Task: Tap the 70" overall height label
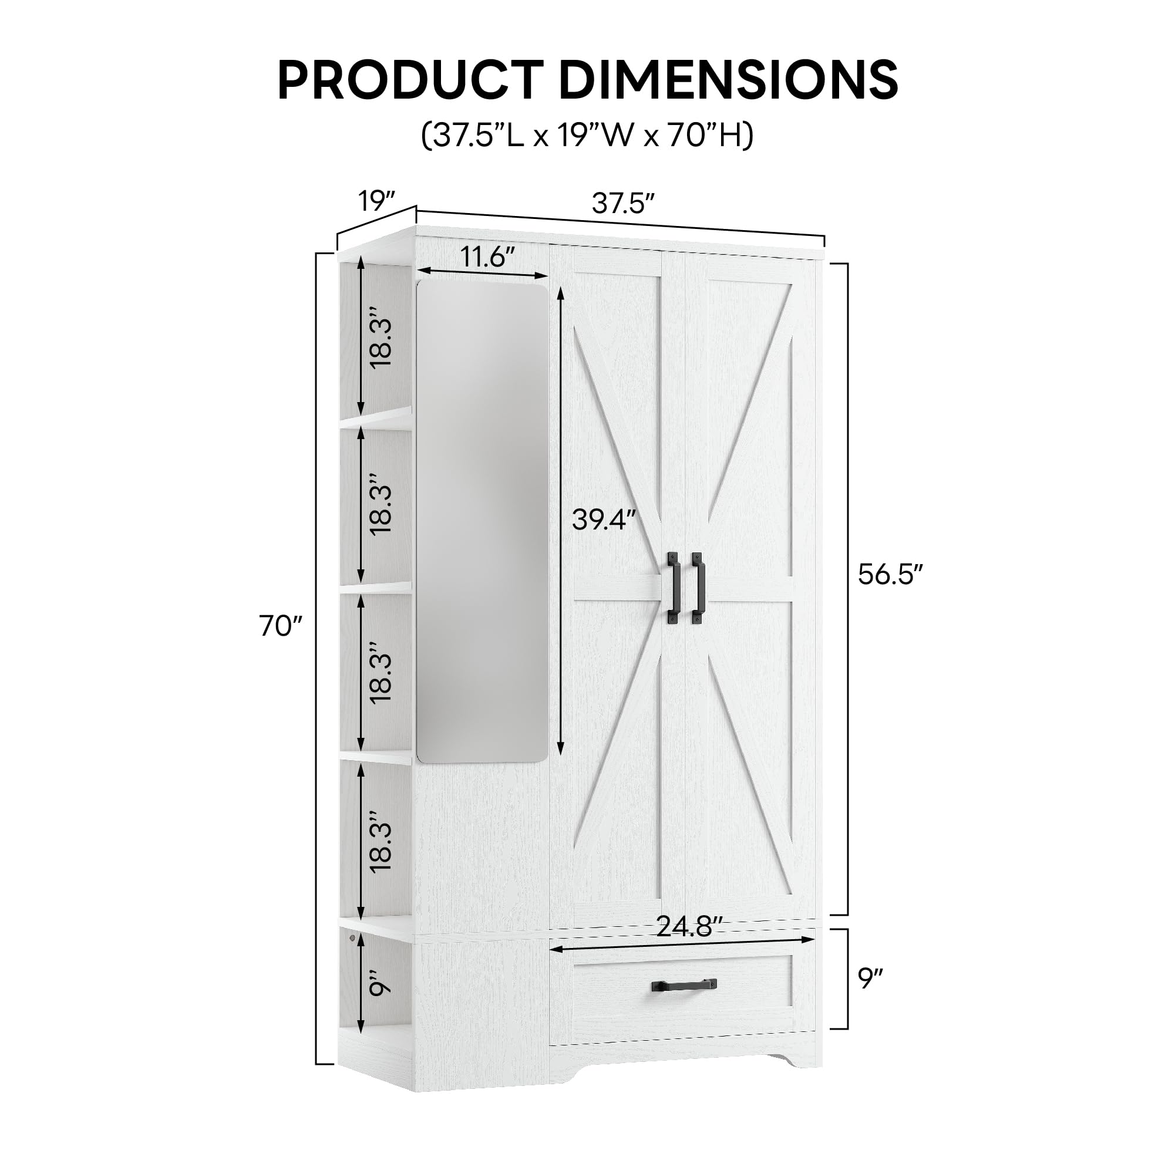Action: click(x=280, y=626)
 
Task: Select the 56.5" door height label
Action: click(x=890, y=574)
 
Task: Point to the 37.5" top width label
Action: click(x=623, y=204)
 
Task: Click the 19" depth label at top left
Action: click(x=377, y=201)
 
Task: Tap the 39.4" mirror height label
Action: click(x=604, y=520)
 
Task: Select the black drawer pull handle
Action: click(x=684, y=985)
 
